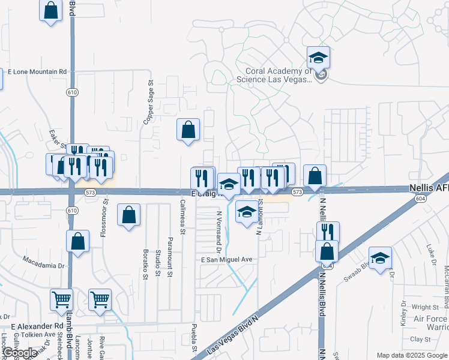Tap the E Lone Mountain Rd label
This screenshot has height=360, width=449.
pyautogui.click(x=37, y=71)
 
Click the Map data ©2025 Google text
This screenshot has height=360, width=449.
pyautogui.click(x=411, y=355)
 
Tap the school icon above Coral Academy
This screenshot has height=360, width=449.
pyautogui.click(x=318, y=58)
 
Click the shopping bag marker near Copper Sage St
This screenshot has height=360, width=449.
pyautogui.click(x=188, y=130)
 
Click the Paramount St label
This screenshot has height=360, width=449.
pyautogui.click(x=170, y=266)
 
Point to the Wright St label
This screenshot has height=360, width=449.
pyautogui.click(x=423, y=307)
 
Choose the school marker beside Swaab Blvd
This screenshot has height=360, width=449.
pyautogui.click(x=380, y=259)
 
